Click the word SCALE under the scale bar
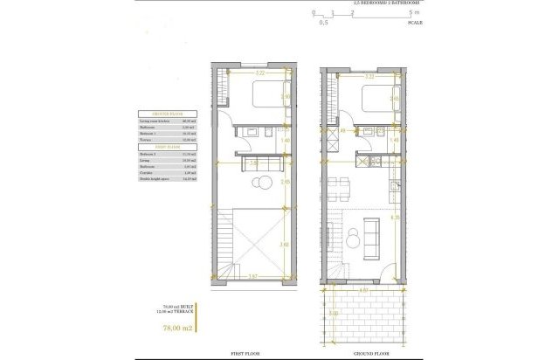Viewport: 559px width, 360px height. (x=415, y=23)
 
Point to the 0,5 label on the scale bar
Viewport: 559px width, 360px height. (x=324, y=23)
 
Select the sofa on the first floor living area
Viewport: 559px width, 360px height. (x=262, y=163)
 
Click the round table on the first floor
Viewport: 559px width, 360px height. (x=262, y=183)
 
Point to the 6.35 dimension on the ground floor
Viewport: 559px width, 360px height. (x=396, y=218)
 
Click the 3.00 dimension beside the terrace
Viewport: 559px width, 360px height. (x=333, y=311)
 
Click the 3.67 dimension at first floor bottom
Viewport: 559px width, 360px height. (x=252, y=277)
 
